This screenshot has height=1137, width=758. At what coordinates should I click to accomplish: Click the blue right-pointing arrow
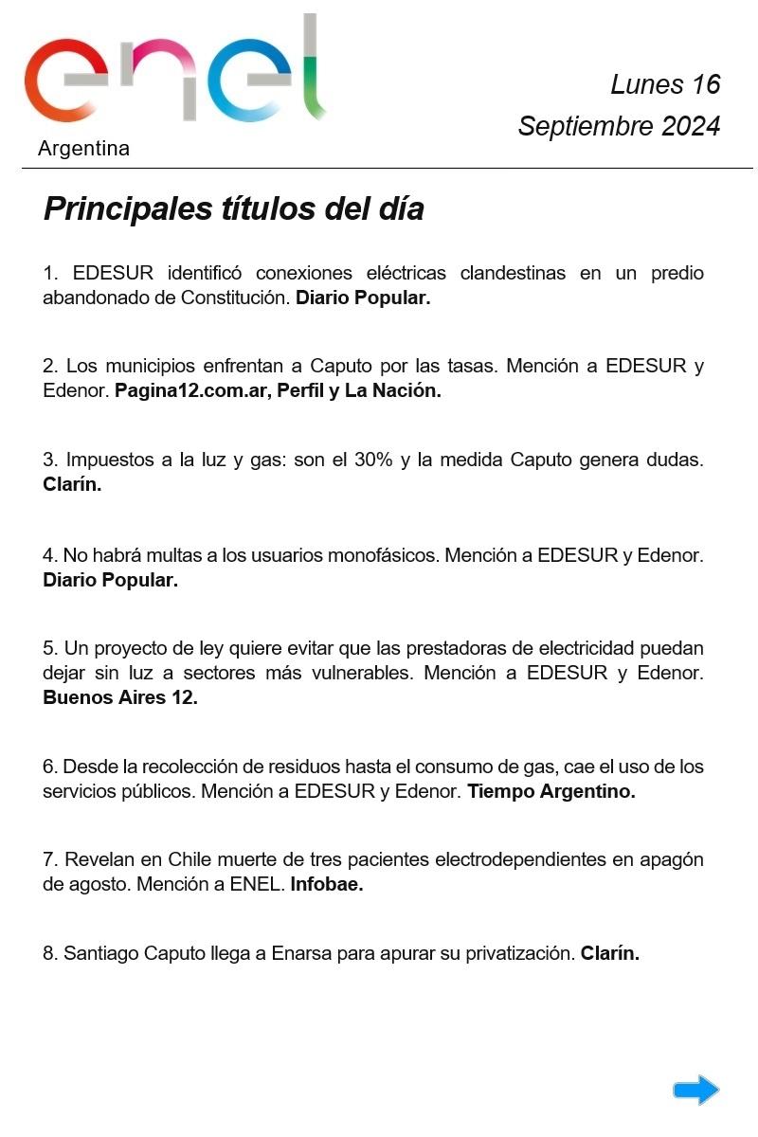tap(696, 1090)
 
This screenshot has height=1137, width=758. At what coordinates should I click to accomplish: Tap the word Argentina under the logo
tap(83, 149)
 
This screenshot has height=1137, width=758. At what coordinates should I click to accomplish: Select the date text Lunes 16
tap(665, 84)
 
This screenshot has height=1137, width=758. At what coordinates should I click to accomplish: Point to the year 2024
tap(691, 126)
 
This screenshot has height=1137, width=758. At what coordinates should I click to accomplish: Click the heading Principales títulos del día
tap(233, 208)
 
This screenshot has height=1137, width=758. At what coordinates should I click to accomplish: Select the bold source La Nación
tap(393, 390)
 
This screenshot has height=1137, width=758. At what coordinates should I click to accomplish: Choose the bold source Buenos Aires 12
tap(120, 697)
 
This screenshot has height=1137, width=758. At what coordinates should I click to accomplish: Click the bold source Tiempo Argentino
tap(551, 791)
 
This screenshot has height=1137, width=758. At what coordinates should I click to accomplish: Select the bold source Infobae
tap(327, 885)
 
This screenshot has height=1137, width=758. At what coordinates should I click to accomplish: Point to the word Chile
tap(189, 860)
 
